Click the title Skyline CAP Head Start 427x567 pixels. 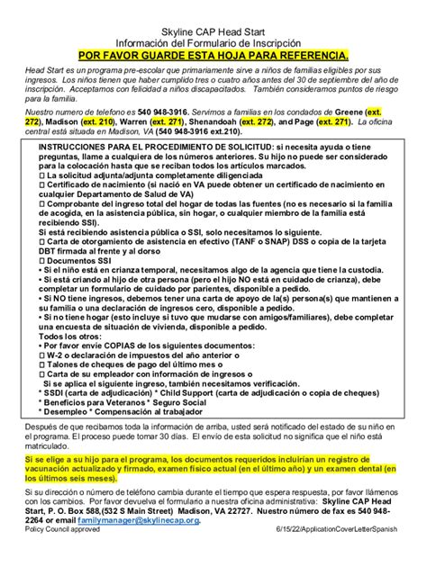(213, 31)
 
